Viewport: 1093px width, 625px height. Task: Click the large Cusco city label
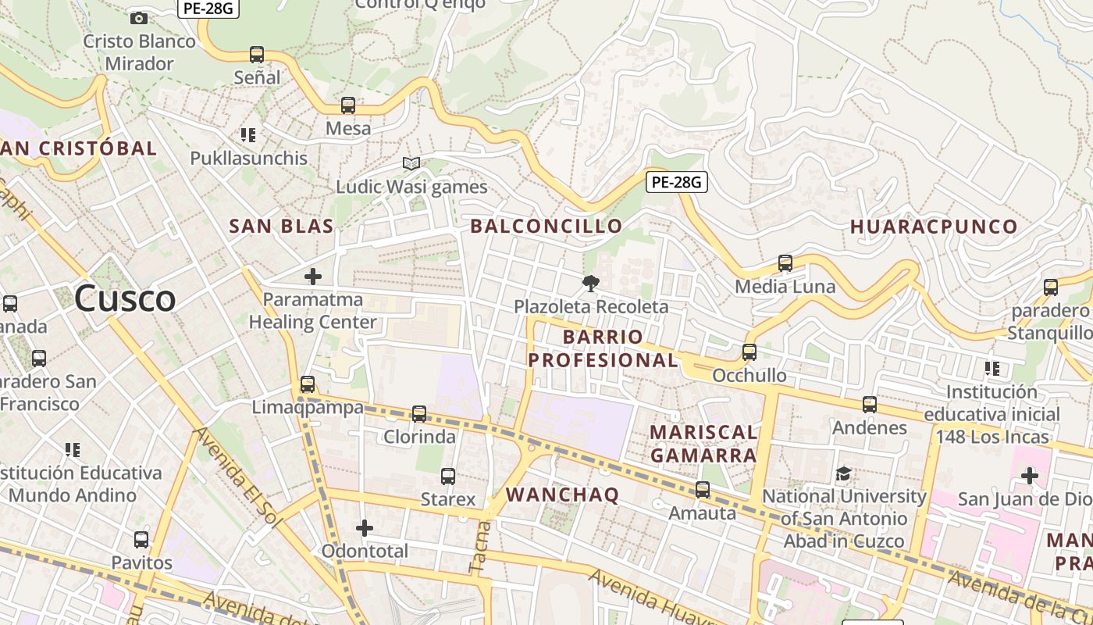[x=125, y=299]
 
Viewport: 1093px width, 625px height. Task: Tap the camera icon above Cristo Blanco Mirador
[x=139, y=18]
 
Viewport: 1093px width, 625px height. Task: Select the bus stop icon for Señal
[x=257, y=55]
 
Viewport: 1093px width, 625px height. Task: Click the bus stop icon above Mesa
[x=348, y=105]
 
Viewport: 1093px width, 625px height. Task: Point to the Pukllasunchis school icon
[x=248, y=135]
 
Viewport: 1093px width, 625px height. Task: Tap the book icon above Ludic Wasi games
[x=411, y=163]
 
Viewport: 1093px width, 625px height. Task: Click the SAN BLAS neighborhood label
[x=281, y=227]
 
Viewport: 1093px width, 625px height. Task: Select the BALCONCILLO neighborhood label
[x=546, y=227]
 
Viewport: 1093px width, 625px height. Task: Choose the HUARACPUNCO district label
[x=934, y=227]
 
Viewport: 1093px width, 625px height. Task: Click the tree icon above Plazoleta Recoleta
[x=591, y=283]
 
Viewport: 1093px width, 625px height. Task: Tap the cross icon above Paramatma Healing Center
[x=313, y=276]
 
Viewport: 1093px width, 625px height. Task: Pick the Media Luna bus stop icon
[x=785, y=263]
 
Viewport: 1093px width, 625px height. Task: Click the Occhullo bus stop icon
[x=749, y=352]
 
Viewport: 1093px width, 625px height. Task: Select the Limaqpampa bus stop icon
[x=308, y=384]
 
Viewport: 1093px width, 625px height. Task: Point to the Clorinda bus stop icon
[x=419, y=413]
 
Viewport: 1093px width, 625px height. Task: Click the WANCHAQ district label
[x=562, y=495]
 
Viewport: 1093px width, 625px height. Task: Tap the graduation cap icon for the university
[x=844, y=473]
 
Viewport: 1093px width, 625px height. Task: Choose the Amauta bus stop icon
[x=703, y=490]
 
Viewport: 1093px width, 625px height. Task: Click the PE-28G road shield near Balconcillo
[x=677, y=183]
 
